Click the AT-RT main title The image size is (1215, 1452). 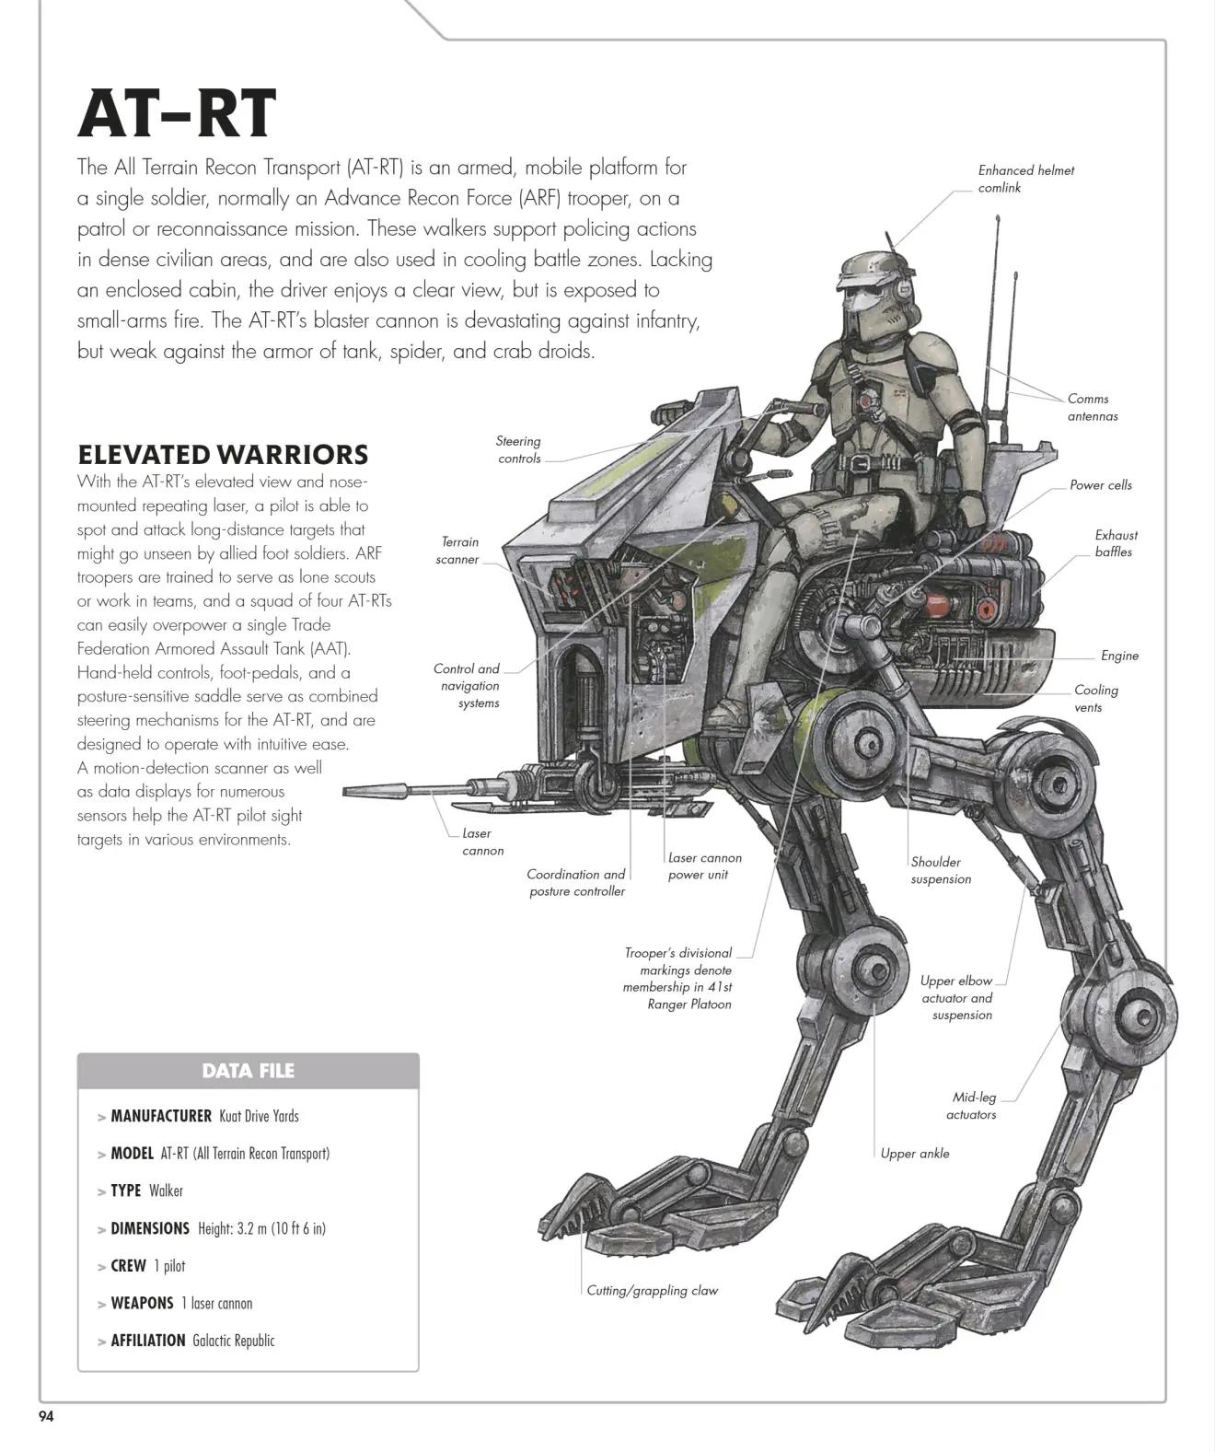pyautogui.click(x=178, y=113)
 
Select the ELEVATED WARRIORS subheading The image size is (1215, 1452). pyautogui.click(x=223, y=454)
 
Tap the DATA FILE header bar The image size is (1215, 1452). pyautogui.click(x=249, y=1070)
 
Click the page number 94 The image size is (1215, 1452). pyautogui.click(x=46, y=1416)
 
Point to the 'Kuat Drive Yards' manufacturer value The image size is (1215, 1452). pyautogui.click(x=259, y=1115)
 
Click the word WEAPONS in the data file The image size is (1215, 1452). pyautogui.click(x=142, y=1303)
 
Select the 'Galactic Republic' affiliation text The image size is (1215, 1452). pyautogui.click(x=234, y=1340)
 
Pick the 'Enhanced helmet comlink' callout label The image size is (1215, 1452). pyautogui.click(x=1026, y=179)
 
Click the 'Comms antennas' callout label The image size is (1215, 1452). pyautogui.click(x=1093, y=408)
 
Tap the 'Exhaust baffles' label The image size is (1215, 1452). pyautogui.click(x=1116, y=543)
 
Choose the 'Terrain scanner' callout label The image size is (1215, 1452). pyautogui.click(x=458, y=550)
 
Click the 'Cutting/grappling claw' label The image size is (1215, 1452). pyautogui.click(x=652, y=1290)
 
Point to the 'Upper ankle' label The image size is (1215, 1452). pyautogui.click(x=915, y=1153)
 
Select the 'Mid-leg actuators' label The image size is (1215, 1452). pyautogui.click(x=972, y=1106)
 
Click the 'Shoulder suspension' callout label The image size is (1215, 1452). pyautogui.click(x=941, y=870)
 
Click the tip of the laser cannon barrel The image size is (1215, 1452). pyautogui.click(x=344, y=791)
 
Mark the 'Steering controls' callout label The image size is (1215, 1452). pyautogui.click(x=518, y=449)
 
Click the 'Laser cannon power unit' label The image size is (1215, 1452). pyautogui.click(x=704, y=865)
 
